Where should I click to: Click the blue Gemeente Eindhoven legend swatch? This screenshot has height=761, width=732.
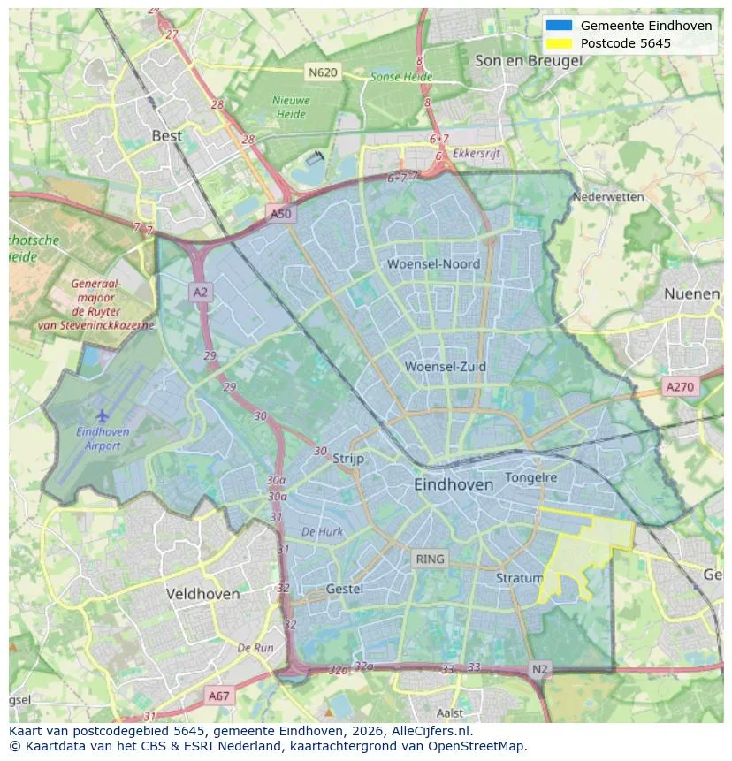point(560,26)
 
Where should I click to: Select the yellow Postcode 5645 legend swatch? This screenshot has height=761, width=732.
point(560,43)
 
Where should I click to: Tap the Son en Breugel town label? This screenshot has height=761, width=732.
point(529,61)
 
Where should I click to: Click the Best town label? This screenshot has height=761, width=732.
point(167,135)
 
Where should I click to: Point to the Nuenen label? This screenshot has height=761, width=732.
point(691,293)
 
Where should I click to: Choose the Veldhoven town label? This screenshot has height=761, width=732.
point(202,594)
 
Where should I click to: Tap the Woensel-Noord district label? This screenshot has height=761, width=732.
point(433,263)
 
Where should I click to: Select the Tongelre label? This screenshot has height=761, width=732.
point(531,477)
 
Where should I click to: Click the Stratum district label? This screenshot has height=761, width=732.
point(513,578)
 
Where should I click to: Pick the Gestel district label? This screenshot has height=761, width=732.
point(345,589)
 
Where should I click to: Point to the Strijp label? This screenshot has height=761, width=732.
point(348,458)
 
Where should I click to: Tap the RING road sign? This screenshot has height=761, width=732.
point(430,559)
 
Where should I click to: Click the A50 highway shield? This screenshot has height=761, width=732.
point(280,214)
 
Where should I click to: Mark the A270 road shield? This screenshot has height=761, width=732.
point(680,387)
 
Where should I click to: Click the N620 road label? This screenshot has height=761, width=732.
point(323,72)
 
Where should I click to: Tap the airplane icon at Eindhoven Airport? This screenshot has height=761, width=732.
point(103,415)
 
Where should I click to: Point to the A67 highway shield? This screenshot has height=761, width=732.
point(218,696)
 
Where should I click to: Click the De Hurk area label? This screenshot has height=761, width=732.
point(322,532)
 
